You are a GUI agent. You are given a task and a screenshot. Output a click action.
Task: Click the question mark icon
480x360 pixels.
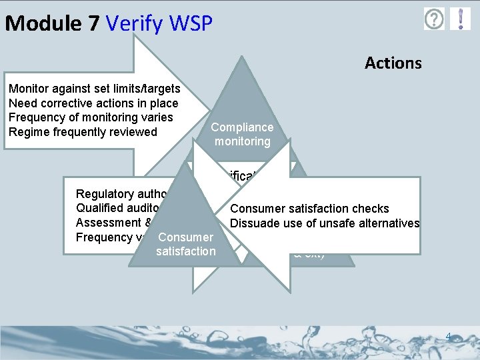point(434,19)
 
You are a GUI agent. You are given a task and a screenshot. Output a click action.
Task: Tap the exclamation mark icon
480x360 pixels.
point(460,19)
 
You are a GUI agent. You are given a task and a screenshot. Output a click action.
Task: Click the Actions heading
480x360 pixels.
point(393,63)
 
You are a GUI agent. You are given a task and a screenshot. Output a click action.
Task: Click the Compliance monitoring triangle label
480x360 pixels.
point(242,134)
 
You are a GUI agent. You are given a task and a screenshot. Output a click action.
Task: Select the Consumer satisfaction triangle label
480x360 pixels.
point(185,244)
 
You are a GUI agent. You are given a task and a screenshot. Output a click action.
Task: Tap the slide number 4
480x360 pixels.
point(449,337)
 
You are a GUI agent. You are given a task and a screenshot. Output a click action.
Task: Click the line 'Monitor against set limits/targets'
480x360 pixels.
point(94,89)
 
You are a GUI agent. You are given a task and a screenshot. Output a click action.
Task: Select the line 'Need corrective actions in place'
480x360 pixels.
point(93,103)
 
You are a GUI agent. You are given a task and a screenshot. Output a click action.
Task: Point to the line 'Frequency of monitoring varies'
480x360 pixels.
point(91,117)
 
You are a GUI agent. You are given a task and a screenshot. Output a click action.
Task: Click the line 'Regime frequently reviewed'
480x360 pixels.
point(83,132)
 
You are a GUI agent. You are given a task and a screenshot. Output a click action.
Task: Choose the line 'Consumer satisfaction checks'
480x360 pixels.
point(309,209)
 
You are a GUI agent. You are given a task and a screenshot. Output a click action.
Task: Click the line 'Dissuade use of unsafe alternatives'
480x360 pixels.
point(325,223)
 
